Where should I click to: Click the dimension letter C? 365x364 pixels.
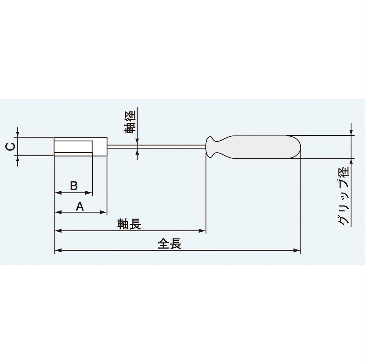coord(11,146)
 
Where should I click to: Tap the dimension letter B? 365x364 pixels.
coord(74,185)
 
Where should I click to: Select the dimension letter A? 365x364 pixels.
coord(80,206)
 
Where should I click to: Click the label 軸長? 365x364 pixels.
coord(129,224)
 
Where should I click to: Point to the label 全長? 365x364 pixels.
coord(170,244)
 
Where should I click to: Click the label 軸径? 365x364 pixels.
coord(130,122)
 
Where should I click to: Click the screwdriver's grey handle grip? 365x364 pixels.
coord(260,147)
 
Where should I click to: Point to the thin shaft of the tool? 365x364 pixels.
coord(157,146)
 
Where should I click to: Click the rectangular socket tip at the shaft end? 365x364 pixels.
coord(81,146)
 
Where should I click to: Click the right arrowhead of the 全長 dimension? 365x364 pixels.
coord(298,250)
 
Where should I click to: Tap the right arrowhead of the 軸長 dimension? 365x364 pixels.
coord(203,231)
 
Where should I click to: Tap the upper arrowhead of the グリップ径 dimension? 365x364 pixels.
coord(352,132)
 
